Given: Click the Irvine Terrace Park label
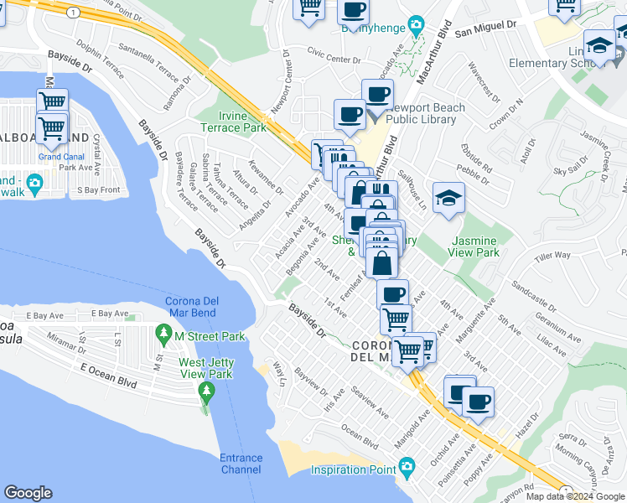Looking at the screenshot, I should (x=233, y=122).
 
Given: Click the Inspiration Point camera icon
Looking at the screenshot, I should (x=407, y=465).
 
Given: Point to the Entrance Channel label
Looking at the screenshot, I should (x=241, y=464).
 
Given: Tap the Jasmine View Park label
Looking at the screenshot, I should (x=474, y=246).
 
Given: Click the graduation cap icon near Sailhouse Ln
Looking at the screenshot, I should (x=448, y=199).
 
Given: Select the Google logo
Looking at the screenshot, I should (x=28, y=493).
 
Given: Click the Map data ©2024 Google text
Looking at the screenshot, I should (x=575, y=496).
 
